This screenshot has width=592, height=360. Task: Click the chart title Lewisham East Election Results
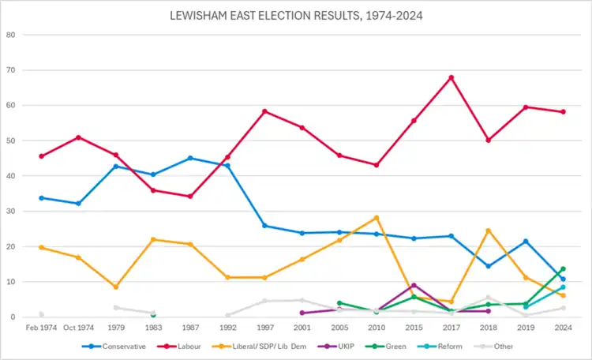(296, 15)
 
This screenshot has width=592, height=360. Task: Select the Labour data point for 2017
(451, 77)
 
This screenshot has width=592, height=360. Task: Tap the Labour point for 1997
(264, 111)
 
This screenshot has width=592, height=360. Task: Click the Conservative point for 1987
(190, 158)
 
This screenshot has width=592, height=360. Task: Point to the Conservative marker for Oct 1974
(78, 204)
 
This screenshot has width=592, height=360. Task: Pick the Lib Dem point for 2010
(377, 217)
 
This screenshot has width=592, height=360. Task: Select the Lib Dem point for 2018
(488, 231)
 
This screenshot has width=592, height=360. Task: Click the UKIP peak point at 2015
(414, 285)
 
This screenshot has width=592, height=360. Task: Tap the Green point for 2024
(563, 268)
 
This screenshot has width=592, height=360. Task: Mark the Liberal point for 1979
(115, 287)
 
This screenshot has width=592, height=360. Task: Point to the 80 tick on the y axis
(10, 35)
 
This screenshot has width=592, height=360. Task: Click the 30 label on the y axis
(10, 212)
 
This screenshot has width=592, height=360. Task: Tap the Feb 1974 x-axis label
(41, 328)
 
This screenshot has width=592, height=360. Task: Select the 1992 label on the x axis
(227, 328)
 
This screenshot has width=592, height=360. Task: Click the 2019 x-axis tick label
(526, 328)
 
